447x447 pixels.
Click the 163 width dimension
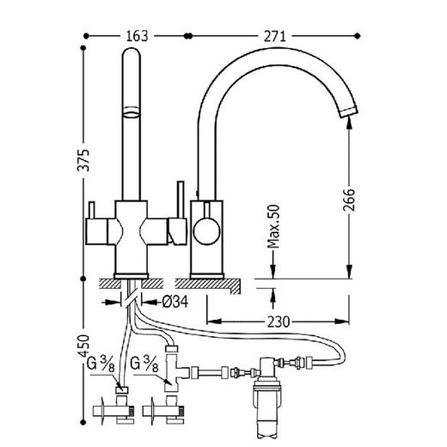tap(137, 36)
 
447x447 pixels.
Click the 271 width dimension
tap(274, 36)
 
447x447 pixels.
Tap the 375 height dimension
tap(83, 160)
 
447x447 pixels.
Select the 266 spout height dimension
tap(349, 199)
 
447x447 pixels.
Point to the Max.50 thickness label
tap(273, 226)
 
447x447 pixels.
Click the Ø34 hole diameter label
tap(175, 302)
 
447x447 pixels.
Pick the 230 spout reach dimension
tap(279, 321)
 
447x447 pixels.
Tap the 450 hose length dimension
tap(83, 346)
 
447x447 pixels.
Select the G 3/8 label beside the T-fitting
tap(144, 364)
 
